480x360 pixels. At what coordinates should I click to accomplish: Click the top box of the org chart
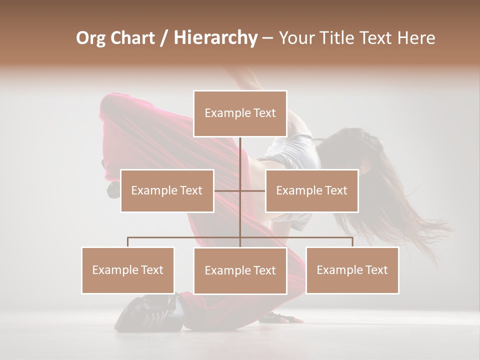(240, 113)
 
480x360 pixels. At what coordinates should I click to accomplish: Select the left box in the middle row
(167, 190)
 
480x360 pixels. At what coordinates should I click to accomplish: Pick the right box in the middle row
(311, 190)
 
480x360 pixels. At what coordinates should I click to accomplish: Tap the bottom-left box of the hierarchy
(128, 270)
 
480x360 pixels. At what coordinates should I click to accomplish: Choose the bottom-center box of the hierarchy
(240, 270)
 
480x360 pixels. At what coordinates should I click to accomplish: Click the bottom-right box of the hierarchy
(352, 270)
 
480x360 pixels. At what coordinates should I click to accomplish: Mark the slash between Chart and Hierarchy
(164, 38)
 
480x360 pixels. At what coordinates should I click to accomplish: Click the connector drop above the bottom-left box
(128, 242)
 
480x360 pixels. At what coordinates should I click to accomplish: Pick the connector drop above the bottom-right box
(352, 242)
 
